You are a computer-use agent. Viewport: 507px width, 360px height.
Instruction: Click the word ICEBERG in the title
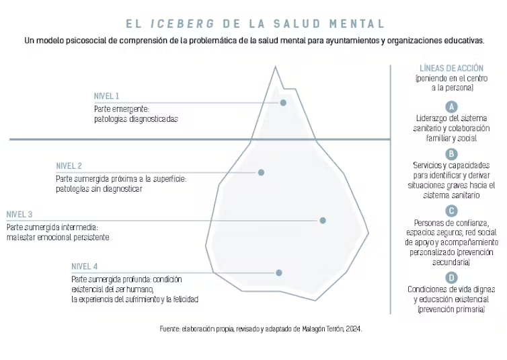point(183,24)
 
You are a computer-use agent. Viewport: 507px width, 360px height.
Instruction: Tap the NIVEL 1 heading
point(107,96)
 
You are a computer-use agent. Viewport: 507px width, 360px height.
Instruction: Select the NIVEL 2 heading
point(69,166)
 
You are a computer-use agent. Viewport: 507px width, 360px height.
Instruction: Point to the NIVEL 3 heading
point(19,215)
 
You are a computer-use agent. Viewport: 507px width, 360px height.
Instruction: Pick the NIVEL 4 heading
point(85,266)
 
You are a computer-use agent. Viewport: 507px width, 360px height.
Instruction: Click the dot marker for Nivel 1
point(283,102)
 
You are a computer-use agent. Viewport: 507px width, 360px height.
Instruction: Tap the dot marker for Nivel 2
point(262,172)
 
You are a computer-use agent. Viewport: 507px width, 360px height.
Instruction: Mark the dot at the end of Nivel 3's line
point(323,220)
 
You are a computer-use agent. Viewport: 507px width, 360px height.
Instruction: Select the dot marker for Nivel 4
point(279,273)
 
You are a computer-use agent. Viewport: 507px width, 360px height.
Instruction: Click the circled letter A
point(451,107)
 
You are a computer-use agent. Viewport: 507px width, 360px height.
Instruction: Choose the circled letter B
point(451,154)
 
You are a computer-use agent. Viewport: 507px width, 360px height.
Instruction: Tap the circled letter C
point(451,211)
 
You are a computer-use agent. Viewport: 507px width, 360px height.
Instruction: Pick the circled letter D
point(451,277)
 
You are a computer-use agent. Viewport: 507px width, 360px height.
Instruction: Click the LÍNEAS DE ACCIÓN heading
point(451,68)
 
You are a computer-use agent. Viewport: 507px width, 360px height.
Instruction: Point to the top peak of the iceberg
point(276,67)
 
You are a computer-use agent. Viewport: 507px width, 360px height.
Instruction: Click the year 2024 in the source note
point(354,329)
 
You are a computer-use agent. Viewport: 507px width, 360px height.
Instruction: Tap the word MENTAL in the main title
point(357,24)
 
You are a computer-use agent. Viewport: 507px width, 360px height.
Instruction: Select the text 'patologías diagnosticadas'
point(136,119)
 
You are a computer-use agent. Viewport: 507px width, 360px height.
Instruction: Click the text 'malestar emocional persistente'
point(58,237)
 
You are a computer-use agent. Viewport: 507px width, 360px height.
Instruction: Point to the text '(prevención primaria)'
point(451,310)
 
